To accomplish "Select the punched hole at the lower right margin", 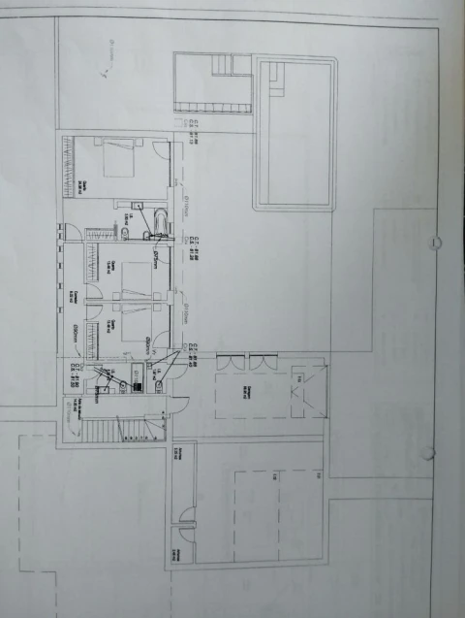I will coord(430,453).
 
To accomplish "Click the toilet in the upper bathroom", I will coord(126,233).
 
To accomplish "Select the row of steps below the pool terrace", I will coord(222,65).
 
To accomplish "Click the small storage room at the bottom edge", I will coord(181,548).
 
